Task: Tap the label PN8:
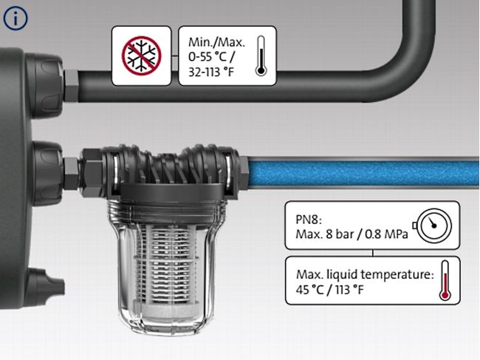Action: (301, 217)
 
